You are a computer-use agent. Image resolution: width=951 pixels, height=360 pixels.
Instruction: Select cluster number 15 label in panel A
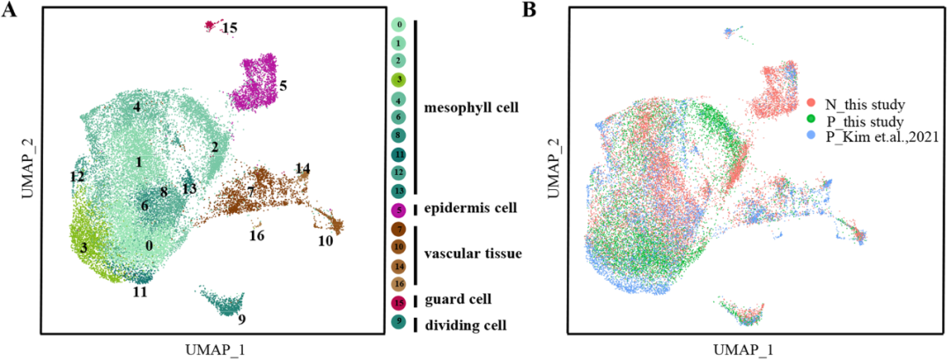click(x=230, y=28)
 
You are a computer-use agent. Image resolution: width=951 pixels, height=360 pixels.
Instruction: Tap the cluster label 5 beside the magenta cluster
click(x=284, y=86)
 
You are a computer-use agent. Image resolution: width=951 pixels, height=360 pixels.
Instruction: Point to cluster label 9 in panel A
click(x=241, y=319)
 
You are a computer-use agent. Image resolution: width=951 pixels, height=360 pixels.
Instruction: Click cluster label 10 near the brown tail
click(x=325, y=241)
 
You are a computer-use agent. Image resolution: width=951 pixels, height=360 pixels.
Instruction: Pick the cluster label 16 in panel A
click(x=256, y=236)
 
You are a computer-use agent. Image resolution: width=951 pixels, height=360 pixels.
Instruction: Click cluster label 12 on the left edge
click(x=77, y=177)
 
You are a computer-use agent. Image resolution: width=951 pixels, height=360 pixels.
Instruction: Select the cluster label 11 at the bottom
click(x=140, y=290)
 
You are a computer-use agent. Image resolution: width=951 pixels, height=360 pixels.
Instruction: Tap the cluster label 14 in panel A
click(x=303, y=168)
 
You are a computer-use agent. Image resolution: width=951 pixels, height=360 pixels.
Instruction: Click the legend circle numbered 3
click(x=399, y=79)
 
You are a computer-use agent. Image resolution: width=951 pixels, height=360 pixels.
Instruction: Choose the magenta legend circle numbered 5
click(x=399, y=210)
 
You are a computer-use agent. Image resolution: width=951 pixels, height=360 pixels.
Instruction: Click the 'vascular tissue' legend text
click(x=473, y=253)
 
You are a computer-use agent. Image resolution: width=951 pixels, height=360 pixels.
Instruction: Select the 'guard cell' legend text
click(x=458, y=300)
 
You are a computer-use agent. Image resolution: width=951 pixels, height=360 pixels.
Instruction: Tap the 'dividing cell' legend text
click(x=465, y=326)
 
